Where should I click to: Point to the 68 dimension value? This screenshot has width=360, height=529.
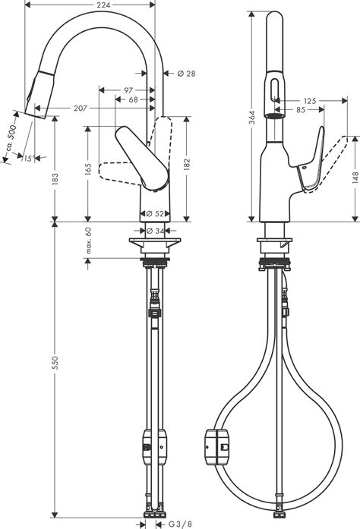click(133, 100)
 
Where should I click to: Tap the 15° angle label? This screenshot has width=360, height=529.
click(28, 158)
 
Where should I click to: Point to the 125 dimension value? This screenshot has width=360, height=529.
click(309, 100)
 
